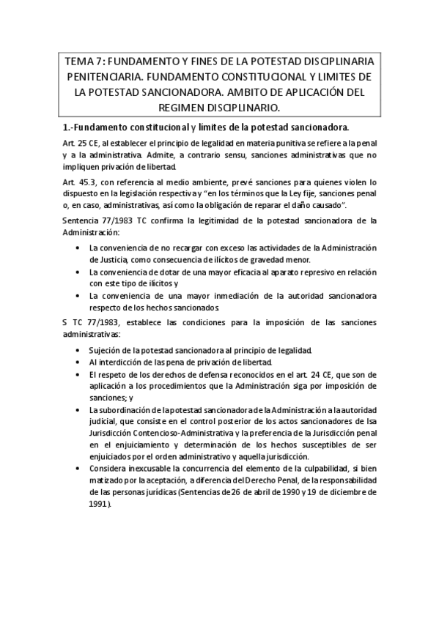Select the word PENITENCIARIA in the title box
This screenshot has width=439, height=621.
click(100, 77)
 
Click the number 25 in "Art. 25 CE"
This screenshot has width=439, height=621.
click(84, 145)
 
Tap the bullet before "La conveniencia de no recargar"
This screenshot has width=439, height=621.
click(79, 249)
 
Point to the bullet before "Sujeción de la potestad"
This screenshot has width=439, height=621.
click(79, 349)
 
